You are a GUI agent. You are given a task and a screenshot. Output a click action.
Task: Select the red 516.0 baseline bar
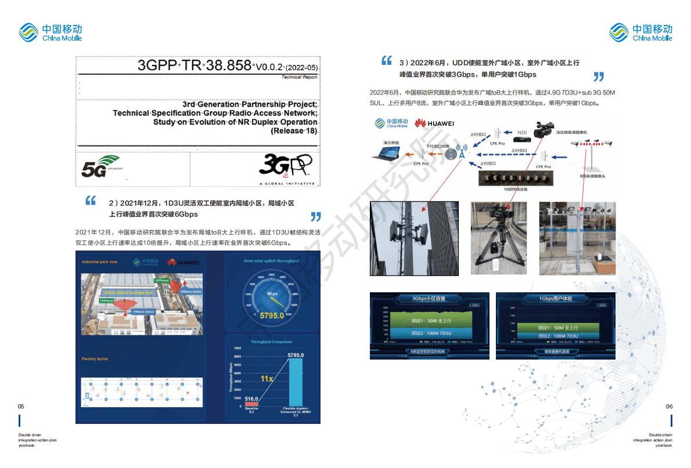pyautogui.click(x=251, y=404)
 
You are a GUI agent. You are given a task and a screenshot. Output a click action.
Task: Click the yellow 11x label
pyautogui.click(x=267, y=378)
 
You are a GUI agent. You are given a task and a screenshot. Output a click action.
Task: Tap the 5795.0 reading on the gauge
pyautogui.click(x=272, y=316)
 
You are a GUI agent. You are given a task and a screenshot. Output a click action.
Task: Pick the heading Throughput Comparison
pyautogui.click(x=271, y=342)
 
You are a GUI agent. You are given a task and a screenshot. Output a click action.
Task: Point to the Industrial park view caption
pyautogui.click(x=100, y=262)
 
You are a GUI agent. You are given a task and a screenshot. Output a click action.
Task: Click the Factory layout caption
pyautogui.click(x=95, y=359)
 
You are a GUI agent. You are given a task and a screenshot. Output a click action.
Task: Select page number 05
pyautogui.click(x=21, y=407)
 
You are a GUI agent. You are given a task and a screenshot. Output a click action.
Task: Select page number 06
pyautogui.click(x=669, y=407)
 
